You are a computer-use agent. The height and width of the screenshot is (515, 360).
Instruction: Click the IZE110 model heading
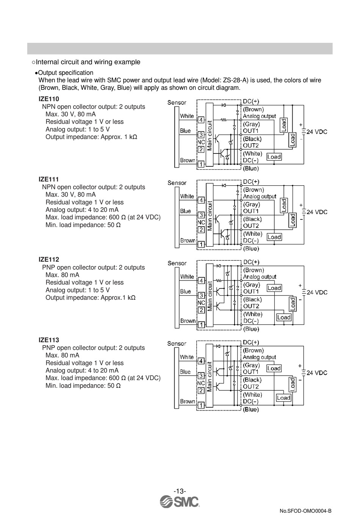click(49, 99)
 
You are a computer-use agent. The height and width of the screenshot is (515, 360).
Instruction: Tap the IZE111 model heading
click(49, 180)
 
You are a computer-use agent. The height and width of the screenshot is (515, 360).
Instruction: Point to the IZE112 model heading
click(49, 260)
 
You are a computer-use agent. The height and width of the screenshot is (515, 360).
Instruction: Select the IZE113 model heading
click(49, 340)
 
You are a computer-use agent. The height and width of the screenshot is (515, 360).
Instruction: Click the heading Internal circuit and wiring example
click(88, 62)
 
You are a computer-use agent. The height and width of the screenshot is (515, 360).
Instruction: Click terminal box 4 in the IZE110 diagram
click(201, 120)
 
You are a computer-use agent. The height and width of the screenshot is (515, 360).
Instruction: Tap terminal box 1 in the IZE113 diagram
click(201, 405)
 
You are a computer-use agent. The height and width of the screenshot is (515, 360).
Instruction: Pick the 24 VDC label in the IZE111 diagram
click(317, 212)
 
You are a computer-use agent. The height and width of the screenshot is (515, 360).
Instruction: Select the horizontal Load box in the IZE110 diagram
click(274, 157)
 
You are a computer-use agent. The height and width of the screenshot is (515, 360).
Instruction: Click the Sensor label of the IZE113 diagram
click(177, 344)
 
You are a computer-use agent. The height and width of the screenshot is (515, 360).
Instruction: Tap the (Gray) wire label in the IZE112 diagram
click(252, 285)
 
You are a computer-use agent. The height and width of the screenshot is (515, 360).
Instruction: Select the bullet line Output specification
click(66, 73)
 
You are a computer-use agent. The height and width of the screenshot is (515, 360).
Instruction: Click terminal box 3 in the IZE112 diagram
click(201, 295)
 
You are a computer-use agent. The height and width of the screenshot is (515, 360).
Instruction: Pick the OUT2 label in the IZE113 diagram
click(251, 387)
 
